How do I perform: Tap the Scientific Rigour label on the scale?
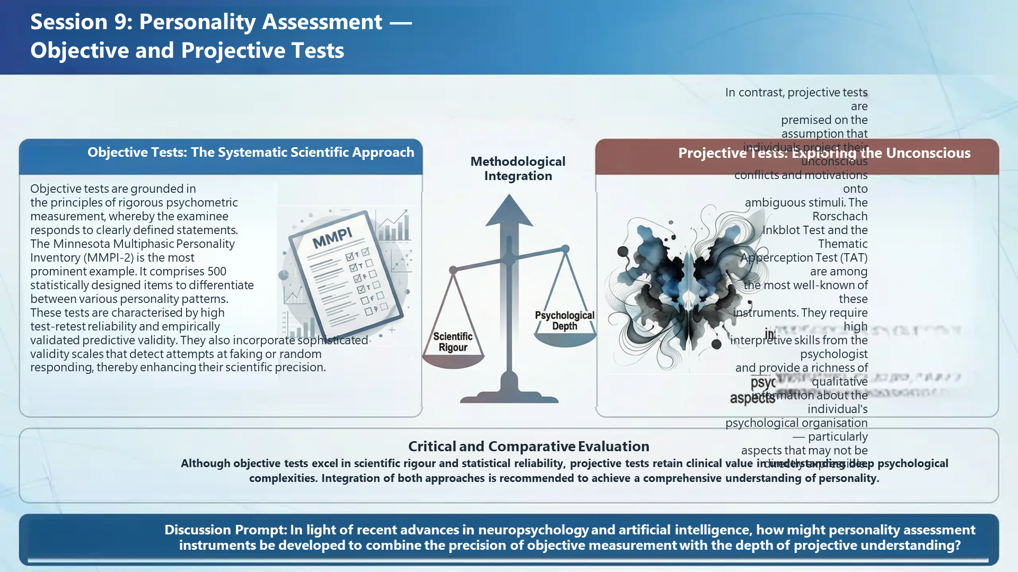pos(453,342)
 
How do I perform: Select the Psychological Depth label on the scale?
pos(565,320)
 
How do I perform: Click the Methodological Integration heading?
pos(518,168)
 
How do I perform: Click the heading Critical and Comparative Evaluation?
pos(529,446)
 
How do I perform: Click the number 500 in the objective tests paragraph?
pos(217,271)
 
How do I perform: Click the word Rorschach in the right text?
pos(840,216)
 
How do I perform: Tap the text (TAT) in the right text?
pos(854,257)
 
